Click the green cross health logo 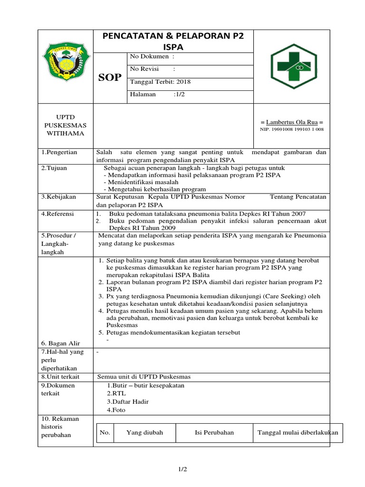[x=293, y=67]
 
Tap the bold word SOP [x=110, y=78]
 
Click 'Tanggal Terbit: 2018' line [x=160, y=81]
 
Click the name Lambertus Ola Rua [x=292, y=122]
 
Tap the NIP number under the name [x=292, y=129]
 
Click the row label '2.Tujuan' [x=53, y=168]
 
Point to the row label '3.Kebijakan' [x=58, y=196]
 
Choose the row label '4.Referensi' [x=57, y=214]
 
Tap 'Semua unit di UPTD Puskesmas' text [x=144, y=377]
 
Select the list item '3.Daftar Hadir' [x=127, y=401]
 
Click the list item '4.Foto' [x=116, y=410]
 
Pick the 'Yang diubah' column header [x=144, y=432]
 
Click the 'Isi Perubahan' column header [x=214, y=432]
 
